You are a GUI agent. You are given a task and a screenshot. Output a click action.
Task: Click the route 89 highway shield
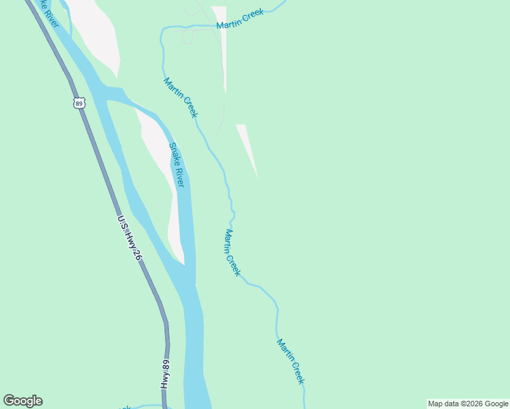click(80, 103)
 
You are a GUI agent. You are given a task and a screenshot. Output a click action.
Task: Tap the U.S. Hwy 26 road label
click(129, 238)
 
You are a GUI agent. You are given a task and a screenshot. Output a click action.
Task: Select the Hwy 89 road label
click(165, 374)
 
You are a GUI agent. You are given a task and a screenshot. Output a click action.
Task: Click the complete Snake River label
click(177, 165)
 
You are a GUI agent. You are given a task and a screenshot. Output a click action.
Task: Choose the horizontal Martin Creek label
click(239, 19)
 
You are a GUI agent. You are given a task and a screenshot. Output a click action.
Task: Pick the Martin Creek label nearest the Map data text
click(290, 361)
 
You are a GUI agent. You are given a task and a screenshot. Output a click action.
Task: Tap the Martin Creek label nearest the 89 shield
click(181, 97)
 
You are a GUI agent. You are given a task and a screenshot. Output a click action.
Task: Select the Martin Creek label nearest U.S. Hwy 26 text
click(232, 252)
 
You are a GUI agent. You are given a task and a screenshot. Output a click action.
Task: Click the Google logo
click(22, 401)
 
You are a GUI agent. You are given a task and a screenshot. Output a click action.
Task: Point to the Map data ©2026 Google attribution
click(468, 404)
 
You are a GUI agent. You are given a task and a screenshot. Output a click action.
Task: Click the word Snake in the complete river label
click(173, 153)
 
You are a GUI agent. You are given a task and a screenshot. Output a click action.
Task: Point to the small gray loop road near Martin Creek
click(187, 37)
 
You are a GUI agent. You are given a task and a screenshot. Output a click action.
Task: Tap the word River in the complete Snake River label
click(179, 177)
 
